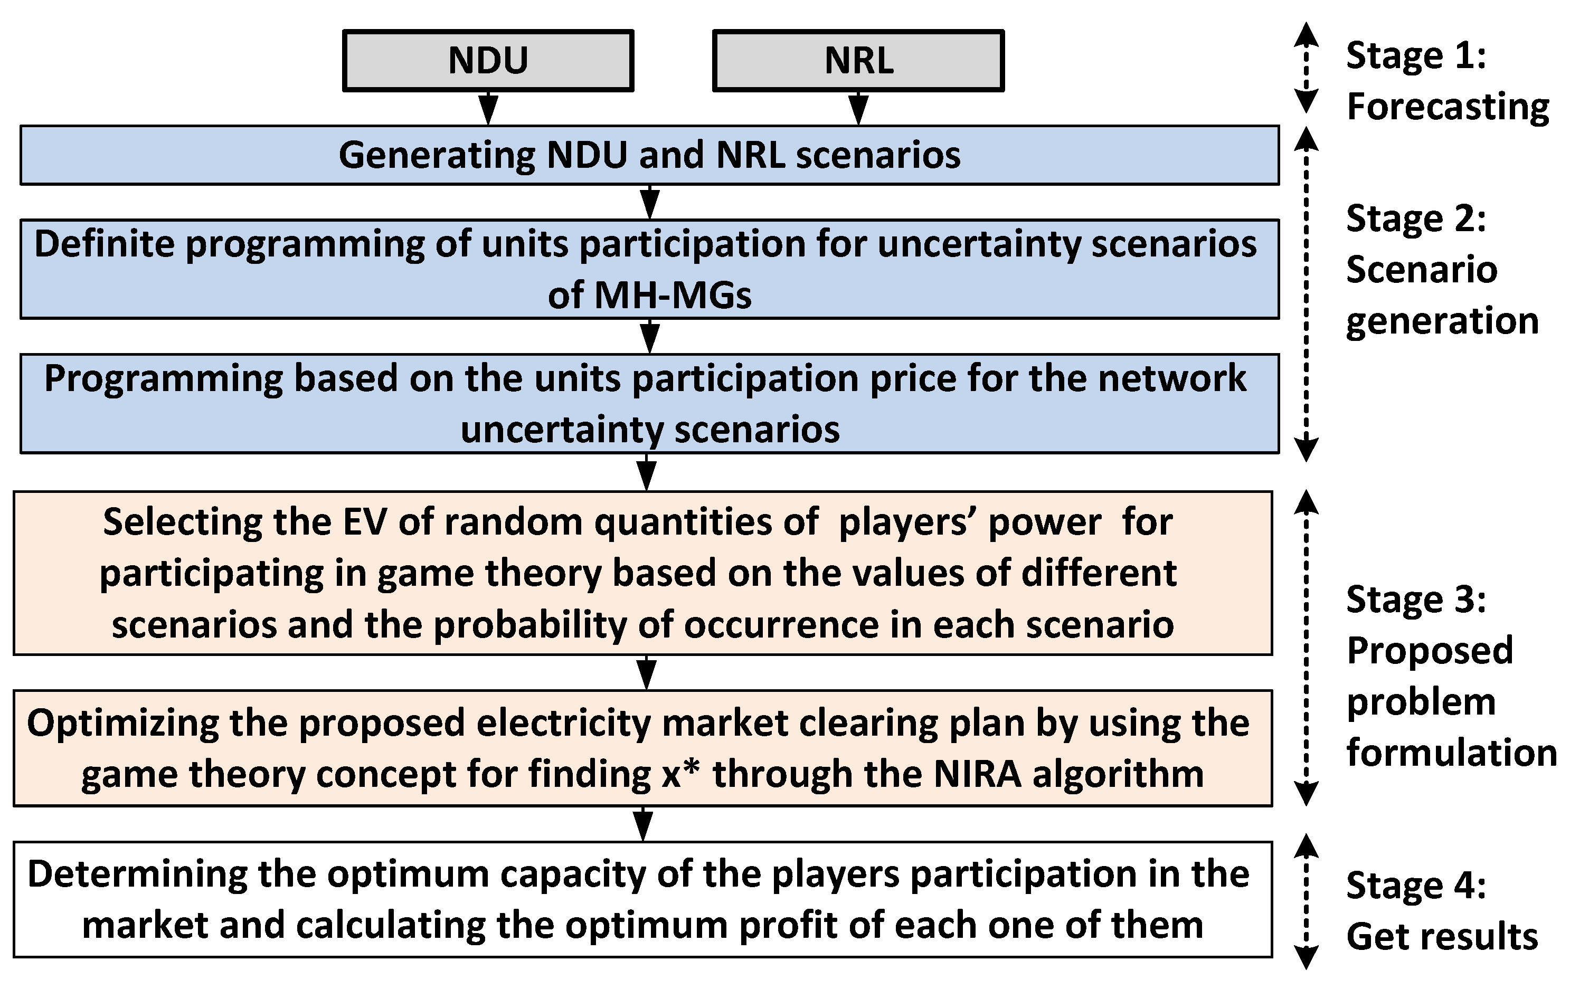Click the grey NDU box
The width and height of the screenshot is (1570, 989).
point(488,61)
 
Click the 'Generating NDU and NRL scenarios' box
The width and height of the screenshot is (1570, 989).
point(649,155)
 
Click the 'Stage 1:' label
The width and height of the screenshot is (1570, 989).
point(1416,55)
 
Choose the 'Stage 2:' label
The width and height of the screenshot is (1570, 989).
point(1416,218)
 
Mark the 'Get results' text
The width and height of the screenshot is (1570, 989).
point(1442,937)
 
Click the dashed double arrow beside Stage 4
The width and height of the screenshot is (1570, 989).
point(1306,900)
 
